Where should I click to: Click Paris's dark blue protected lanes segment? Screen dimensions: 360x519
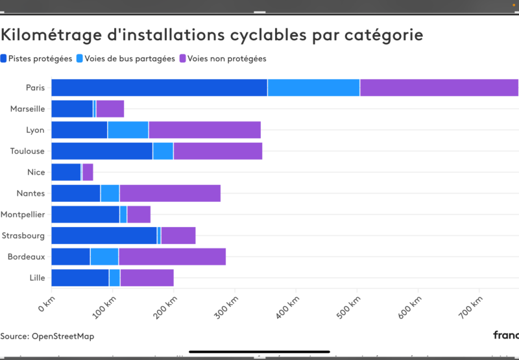159,88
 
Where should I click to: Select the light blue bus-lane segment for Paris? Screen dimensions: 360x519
313,88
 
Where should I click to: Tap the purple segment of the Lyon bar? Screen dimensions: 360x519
204,130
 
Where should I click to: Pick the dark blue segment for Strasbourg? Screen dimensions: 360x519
104,235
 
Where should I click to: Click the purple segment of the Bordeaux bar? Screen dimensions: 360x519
172,257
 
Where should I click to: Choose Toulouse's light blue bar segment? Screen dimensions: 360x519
163,151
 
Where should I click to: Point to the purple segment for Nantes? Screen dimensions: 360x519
170,193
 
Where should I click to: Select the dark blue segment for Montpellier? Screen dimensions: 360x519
85,215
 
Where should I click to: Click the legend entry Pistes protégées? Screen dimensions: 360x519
37,58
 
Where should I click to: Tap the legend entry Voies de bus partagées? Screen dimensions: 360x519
126,58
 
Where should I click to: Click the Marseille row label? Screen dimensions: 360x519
27,109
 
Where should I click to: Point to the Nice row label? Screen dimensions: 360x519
36,173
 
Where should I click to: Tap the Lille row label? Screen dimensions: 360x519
37,278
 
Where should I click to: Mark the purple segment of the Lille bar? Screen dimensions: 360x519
147,278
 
